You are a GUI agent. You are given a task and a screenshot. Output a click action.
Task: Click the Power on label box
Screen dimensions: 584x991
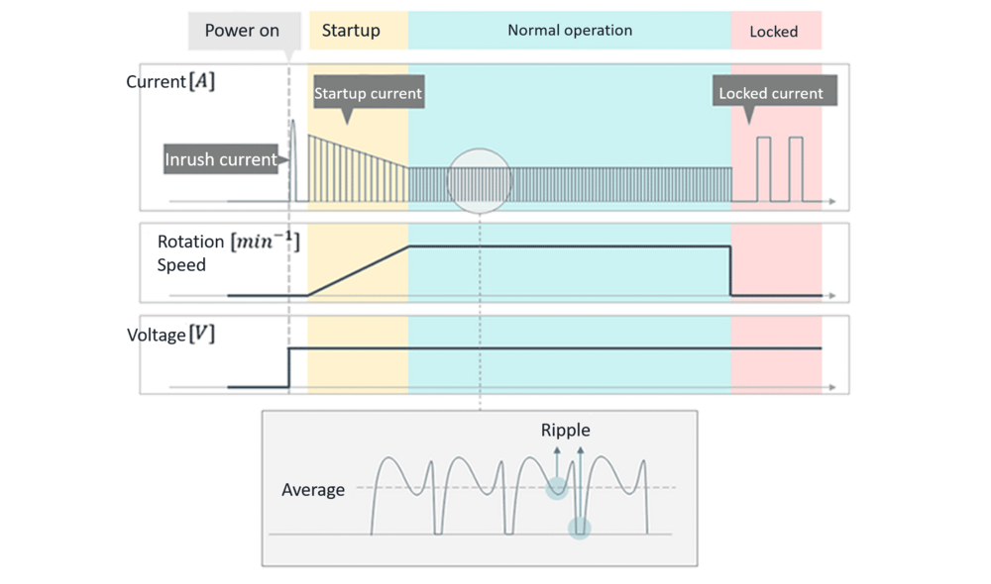[243, 31]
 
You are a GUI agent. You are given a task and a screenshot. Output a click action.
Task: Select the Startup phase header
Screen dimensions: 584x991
[351, 31]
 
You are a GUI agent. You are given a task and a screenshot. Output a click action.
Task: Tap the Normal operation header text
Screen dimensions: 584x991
[570, 31]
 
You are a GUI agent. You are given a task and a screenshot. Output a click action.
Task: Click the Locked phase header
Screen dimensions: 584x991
[774, 32]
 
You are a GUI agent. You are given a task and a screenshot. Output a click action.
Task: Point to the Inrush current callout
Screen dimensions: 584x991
[221, 158]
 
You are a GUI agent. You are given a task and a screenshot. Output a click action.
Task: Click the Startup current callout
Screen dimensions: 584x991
[368, 94]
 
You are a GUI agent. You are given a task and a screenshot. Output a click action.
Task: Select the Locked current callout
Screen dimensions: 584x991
[771, 94]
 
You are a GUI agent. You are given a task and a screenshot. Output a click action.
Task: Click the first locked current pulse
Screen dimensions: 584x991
[763, 168]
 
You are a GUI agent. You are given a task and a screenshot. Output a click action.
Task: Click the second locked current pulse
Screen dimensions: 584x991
[795, 168]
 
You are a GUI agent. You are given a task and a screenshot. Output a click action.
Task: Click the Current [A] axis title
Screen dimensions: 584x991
[171, 81]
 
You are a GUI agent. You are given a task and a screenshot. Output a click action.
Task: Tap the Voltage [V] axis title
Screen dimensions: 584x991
[171, 335]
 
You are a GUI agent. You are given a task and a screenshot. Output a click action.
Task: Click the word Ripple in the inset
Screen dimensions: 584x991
[566, 431]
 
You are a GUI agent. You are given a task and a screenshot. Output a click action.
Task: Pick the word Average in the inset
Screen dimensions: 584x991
[313, 490]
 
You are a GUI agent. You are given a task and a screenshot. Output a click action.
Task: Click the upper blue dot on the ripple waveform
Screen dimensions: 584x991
[557, 487]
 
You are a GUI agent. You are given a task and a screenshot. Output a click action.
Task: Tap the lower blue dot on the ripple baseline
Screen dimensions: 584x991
[580, 529]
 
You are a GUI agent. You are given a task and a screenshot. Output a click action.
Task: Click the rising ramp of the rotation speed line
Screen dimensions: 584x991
[359, 269]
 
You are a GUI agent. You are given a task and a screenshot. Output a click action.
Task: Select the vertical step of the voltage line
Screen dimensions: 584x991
[288, 367]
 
